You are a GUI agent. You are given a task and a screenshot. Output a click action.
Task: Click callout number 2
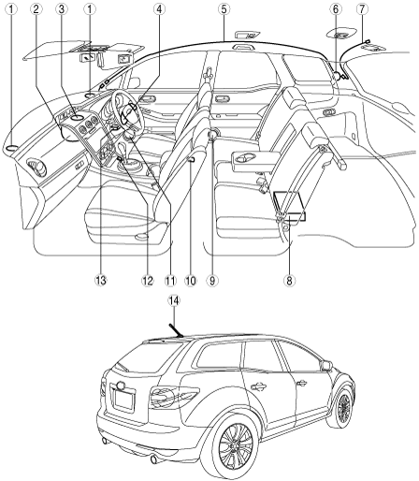tap(36, 9)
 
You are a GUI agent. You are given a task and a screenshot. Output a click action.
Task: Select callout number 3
tap(62, 9)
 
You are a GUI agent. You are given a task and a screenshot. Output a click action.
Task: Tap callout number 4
tap(159, 9)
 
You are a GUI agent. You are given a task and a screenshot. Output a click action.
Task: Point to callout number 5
tap(224, 9)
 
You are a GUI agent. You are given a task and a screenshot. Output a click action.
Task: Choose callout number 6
tap(336, 9)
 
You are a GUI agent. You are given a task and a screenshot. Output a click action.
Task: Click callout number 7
tap(362, 9)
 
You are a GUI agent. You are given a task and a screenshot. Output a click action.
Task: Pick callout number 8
tap(289, 281)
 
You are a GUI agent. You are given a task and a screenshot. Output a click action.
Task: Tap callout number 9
tap(212, 281)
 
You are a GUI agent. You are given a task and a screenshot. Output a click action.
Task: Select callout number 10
tap(191, 281)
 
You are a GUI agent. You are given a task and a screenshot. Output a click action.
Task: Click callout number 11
tap(170, 281)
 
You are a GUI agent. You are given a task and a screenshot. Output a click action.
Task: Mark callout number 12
tap(148, 281)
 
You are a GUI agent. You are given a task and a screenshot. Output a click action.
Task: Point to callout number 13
tap(101, 281)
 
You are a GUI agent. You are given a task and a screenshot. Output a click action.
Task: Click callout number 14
tap(174, 300)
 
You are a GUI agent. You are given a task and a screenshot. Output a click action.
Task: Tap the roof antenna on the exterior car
tap(176, 330)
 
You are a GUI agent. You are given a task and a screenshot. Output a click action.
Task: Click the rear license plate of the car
tap(124, 401)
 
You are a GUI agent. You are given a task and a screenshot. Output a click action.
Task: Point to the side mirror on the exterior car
tap(326, 365)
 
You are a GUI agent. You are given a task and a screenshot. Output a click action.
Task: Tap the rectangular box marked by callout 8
tap(289, 205)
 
